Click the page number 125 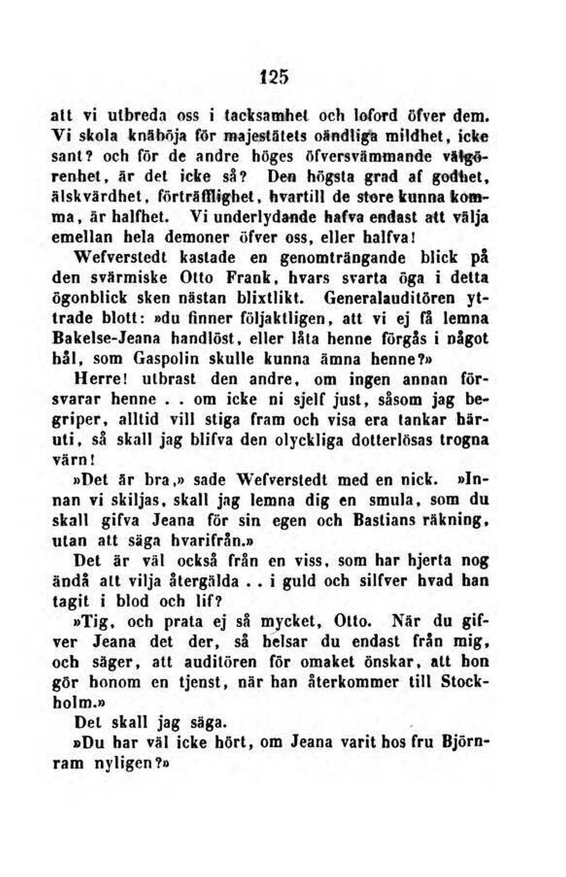pyautogui.click(x=274, y=76)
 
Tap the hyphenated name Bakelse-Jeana pyautogui.click(x=106, y=338)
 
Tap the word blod pyautogui.click(x=133, y=601)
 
